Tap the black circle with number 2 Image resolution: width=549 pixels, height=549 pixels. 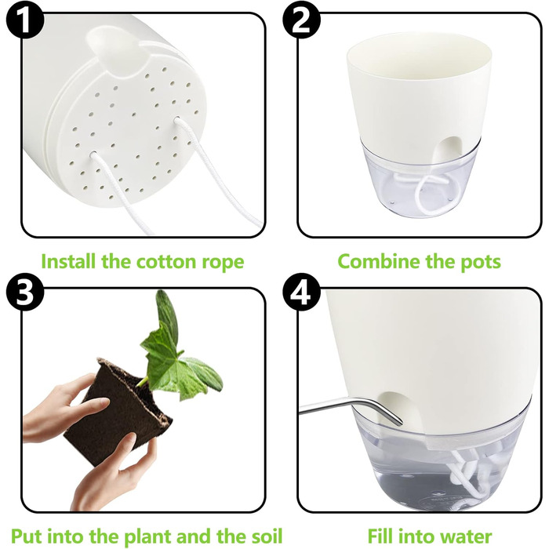(x=301, y=20)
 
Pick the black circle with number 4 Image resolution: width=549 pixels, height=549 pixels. (x=301, y=292)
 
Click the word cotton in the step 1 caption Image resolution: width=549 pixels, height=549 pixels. (x=166, y=261)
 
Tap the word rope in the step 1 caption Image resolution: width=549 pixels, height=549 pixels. (x=223, y=264)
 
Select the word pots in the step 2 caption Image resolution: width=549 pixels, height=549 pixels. (x=480, y=262)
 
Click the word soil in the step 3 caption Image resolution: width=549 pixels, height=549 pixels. (x=267, y=536)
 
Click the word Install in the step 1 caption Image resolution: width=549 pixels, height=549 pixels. (x=68, y=261)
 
